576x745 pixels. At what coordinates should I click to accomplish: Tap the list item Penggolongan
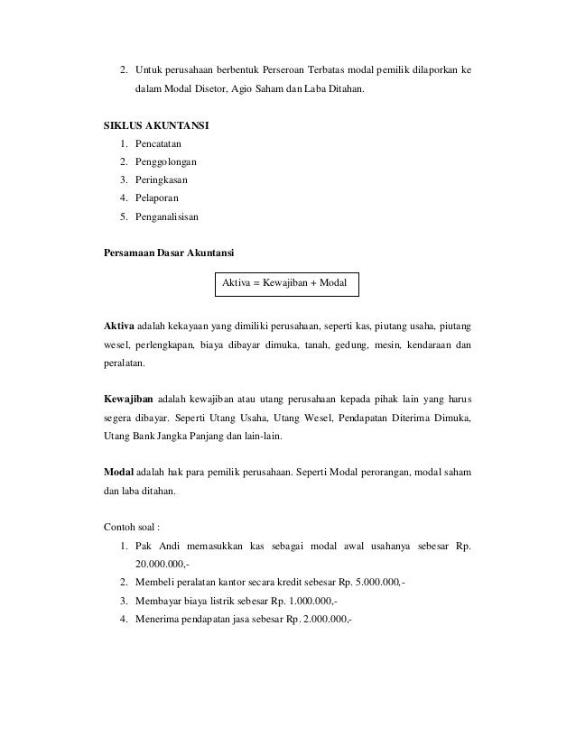point(167,162)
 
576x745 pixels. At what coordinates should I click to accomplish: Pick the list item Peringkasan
point(164,180)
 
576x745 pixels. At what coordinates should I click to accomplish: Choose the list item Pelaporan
point(159,198)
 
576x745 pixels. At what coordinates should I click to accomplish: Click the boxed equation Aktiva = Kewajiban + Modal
point(285,283)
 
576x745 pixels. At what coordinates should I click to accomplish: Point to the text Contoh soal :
point(136,528)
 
